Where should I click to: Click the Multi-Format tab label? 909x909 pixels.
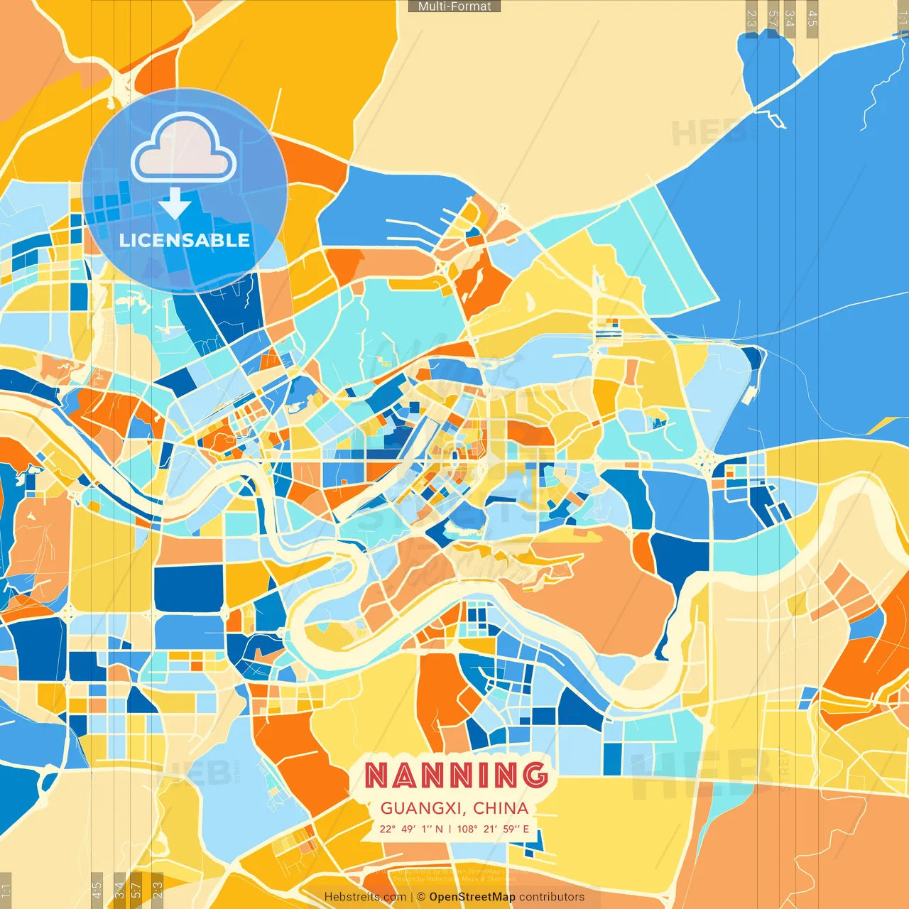click(x=454, y=6)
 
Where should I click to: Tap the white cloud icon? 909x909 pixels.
click(x=184, y=150)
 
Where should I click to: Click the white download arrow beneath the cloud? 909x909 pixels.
click(x=175, y=204)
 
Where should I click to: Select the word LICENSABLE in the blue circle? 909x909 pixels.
click(x=185, y=240)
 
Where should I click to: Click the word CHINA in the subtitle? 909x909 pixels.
click(x=501, y=808)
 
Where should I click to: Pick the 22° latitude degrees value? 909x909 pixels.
click(x=387, y=829)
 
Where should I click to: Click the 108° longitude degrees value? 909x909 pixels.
click(x=467, y=829)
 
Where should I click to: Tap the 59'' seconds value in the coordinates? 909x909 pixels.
click(x=512, y=829)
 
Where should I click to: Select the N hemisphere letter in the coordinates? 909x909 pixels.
click(x=439, y=829)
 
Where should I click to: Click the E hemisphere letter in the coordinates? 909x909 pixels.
click(x=526, y=829)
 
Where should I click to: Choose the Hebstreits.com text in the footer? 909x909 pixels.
click(x=365, y=897)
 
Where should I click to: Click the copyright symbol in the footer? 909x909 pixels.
click(x=421, y=897)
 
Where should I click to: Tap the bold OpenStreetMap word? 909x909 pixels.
click(x=472, y=897)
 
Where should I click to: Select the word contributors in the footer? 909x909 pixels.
click(x=552, y=897)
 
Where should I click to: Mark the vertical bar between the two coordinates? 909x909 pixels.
click(x=450, y=829)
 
